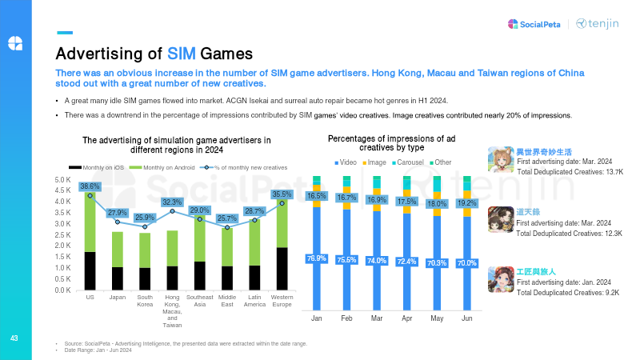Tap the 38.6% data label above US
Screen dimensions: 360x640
pos(90,186)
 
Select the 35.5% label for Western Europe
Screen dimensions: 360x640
pos(282,194)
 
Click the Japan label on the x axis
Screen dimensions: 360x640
pos(118,297)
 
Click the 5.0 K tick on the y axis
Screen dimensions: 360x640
pos(63,180)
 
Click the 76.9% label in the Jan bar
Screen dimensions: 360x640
pos(317,258)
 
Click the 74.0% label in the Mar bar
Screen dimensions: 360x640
pos(377,261)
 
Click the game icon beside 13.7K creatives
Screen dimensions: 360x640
pos(501,159)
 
